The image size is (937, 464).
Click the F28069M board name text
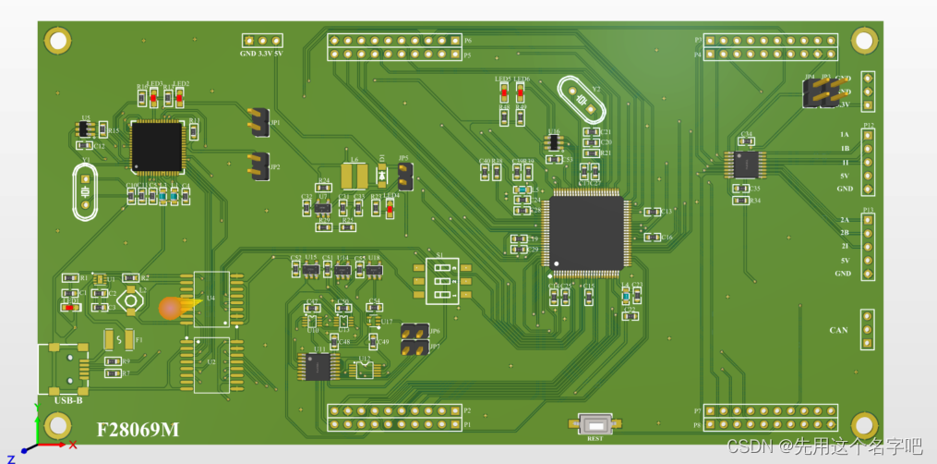(138, 430)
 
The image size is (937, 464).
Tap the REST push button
(595, 424)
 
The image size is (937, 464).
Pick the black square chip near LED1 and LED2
(157, 146)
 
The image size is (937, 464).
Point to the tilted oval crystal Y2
(583, 99)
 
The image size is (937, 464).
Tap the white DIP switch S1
(442, 280)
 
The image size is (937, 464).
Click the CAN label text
(838, 330)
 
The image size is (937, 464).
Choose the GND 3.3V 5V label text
(260, 54)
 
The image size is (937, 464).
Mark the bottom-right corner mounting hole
(865, 426)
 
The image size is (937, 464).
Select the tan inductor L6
(354, 176)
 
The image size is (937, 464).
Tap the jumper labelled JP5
(404, 176)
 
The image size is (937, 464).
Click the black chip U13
(318, 367)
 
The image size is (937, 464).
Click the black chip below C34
(746, 165)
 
